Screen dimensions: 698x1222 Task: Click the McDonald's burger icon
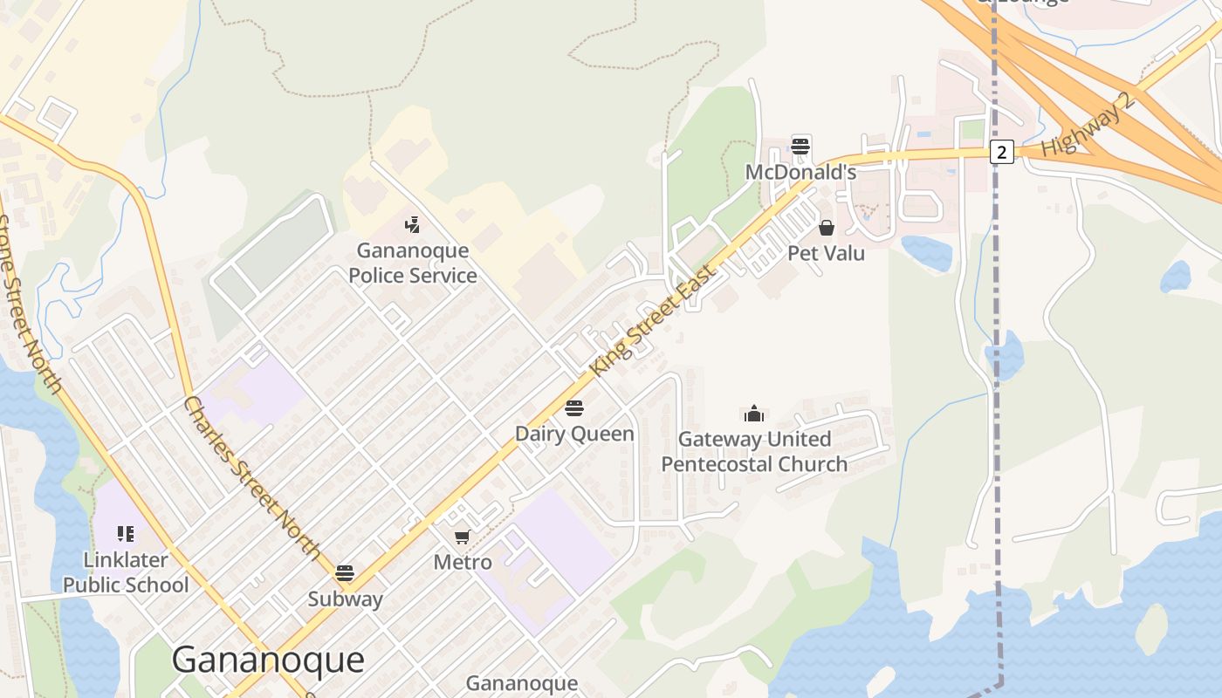(800, 146)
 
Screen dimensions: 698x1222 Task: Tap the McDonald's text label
(800, 172)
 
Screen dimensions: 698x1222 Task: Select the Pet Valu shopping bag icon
(826, 228)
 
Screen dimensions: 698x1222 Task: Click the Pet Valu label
(826, 253)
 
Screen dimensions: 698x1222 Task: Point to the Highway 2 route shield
(1001, 152)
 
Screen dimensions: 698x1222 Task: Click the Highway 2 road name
(1088, 125)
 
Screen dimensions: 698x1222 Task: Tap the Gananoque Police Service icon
(413, 225)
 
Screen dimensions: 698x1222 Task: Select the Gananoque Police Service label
(413, 263)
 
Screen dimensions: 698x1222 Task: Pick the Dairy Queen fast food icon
(573, 407)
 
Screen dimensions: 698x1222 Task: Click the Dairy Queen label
(573, 434)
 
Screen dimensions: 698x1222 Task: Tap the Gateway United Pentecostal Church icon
(753, 414)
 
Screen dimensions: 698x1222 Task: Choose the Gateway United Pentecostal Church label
(753, 451)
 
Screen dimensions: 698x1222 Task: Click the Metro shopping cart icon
(462, 537)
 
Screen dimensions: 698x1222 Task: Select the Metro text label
(462, 562)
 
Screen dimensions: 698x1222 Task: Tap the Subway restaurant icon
(345, 573)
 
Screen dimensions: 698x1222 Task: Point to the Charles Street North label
(253, 476)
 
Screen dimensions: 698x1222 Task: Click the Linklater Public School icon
(125, 533)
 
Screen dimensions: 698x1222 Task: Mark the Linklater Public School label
(125, 571)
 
